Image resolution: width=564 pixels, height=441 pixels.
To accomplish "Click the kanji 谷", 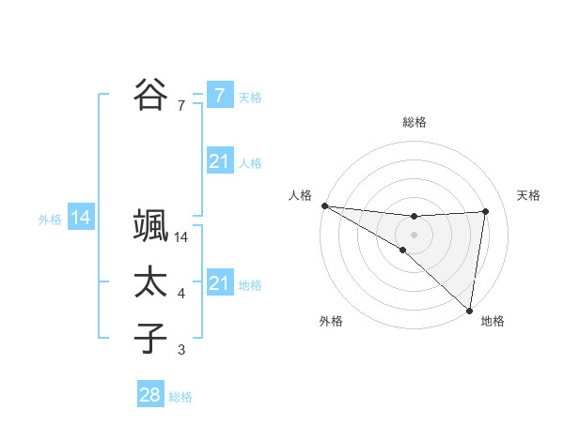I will pos(150,95).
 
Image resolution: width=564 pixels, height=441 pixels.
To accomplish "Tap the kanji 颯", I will pos(150,225).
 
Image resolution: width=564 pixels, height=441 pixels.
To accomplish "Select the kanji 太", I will pos(150,282).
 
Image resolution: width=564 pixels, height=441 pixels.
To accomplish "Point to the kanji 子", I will pos(150,338).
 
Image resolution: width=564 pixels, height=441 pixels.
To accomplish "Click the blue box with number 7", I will pos(219,95).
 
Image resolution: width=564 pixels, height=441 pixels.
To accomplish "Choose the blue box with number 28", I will pos(150,395).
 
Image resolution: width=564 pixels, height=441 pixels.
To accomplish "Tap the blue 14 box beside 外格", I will pos(81,219).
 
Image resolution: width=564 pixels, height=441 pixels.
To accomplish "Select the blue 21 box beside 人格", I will pos(219,162).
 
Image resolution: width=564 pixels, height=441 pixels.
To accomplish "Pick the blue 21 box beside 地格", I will pos(219,283).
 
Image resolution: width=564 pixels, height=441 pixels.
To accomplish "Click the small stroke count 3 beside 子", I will pos(181,351).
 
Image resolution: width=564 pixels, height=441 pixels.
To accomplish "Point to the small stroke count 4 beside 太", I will pos(181,295).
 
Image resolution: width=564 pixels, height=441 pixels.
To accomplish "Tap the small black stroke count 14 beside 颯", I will pos(181,238).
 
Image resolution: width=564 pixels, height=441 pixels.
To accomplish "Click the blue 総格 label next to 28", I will pos(180,397).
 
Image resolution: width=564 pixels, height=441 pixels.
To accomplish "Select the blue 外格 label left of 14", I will pos(50,220).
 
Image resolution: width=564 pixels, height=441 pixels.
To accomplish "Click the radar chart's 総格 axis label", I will pos(415,122).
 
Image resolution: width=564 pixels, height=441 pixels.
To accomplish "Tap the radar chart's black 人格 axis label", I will pos(301,195).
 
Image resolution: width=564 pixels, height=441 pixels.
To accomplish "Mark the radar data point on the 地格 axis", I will pos(469,310).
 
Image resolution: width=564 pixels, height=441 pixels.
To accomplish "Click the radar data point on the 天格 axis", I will pos(486,211).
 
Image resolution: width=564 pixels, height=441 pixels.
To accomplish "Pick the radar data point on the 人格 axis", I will pos(324,205).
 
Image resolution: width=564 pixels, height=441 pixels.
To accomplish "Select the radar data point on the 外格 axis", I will pos(403,251).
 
